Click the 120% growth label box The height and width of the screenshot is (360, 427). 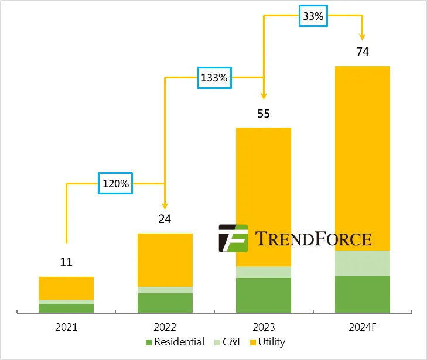click(115, 183)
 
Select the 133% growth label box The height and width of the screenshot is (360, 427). click(214, 77)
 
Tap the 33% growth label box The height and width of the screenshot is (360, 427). click(312, 16)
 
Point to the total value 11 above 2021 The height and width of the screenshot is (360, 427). click(66, 262)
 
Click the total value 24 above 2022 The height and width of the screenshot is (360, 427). click(165, 220)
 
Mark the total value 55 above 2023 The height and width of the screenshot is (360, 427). click(264, 114)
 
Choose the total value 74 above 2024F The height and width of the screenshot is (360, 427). click(363, 52)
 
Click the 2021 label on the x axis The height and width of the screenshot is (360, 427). click(66, 327)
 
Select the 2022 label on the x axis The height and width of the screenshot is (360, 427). click(165, 327)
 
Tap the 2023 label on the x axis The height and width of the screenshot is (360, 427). click(263, 327)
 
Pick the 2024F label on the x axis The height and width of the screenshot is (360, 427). click(362, 327)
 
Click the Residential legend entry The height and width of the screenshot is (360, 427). click(175, 342)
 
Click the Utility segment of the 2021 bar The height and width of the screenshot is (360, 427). click(66, 288)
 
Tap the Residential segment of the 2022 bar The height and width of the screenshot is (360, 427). click(165, 303)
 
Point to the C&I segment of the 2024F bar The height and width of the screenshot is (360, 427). click(363, 263)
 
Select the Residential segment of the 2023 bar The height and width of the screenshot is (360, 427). click(264, 295)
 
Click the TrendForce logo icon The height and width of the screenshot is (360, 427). click(233, 238)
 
